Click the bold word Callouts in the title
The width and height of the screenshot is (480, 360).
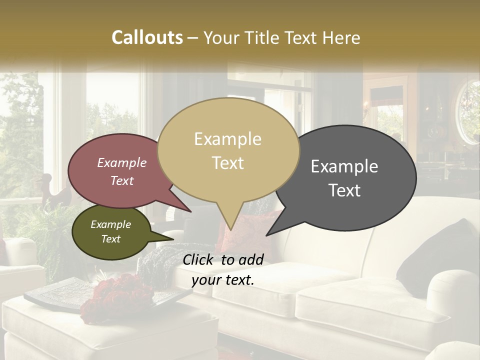(147, 37)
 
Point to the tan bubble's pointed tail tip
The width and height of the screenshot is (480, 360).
(230, 229)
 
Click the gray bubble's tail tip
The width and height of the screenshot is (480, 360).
(267, 235)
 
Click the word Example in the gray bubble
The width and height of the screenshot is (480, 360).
(344, 166)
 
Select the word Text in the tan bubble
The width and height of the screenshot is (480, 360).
(228, 163)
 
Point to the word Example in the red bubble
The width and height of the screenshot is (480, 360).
(122, 162)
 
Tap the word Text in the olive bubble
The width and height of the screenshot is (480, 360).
(111, 239)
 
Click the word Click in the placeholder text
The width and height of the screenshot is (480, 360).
(199, 259)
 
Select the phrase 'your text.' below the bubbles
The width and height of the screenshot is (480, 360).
(223, 280)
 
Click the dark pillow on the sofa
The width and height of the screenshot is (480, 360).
(440, 250)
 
